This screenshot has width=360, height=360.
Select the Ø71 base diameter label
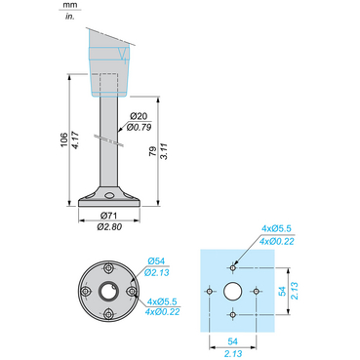[109, 216]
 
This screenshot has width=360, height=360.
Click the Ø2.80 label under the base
[109, 226]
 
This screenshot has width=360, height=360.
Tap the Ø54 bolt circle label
[156, 260]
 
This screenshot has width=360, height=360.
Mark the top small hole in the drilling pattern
[232, 265]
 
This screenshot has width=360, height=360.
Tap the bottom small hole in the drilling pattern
[232, 314]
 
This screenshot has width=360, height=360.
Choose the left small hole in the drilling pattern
[208, 290]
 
